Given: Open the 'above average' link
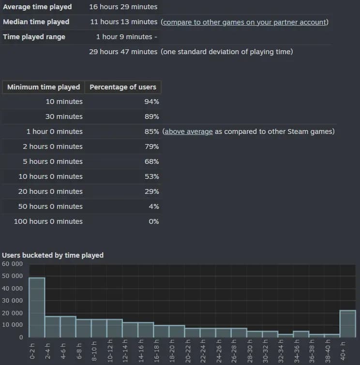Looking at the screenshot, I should click(x=188, y=131).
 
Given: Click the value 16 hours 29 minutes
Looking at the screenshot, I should click(x=123, y=7).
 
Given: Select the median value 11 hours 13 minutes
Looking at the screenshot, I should click(x=124, y=22).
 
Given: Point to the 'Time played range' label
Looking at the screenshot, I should click(x=34, y=37).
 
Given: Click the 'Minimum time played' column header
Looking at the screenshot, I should click(x=44, y=87).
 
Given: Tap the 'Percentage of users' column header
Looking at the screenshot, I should click(x=123, y=87).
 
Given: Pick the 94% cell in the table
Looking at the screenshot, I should click(x=152, y=102).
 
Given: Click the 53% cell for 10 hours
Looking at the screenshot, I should click(x=152, y=176).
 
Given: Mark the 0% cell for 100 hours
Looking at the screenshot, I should click(x=154, y=221).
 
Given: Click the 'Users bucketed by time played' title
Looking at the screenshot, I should click(x=53, y=255).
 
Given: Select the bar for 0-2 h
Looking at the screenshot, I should click(x=37, y=307).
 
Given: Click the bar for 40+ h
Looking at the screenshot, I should click(x=348, y=324).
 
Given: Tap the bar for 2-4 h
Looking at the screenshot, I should click(x=52, y=327).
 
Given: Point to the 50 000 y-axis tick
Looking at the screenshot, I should click(x=12, y=276).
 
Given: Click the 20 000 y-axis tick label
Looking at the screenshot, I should click(x=12, y=313).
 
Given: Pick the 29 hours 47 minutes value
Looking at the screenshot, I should click(x=123, y=52).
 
